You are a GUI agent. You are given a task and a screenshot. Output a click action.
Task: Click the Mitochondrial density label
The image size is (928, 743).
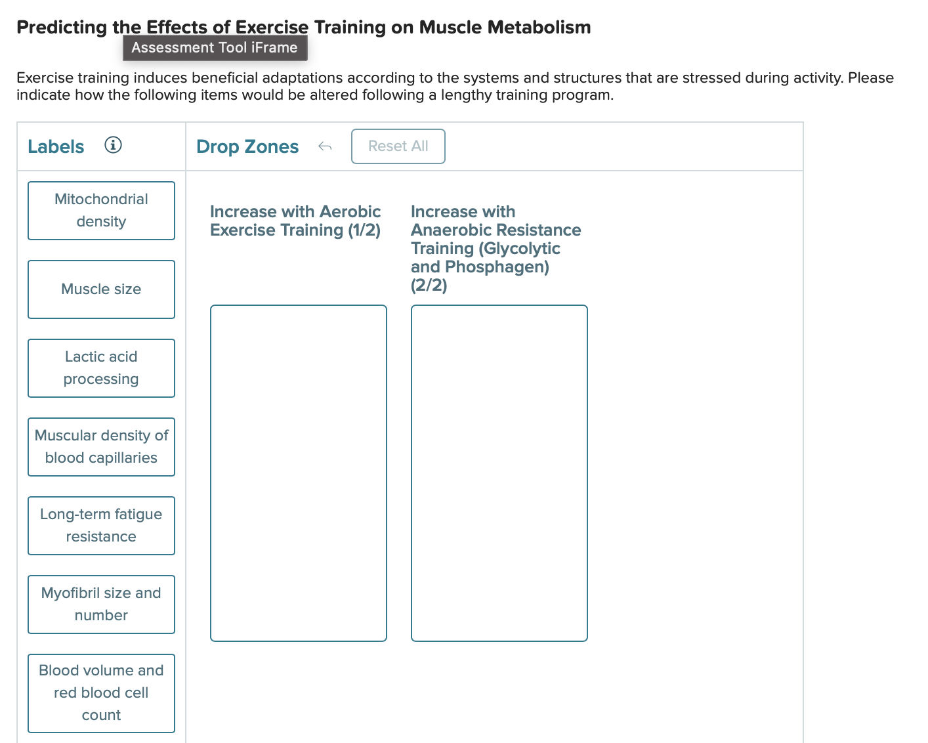(x=101, y=211)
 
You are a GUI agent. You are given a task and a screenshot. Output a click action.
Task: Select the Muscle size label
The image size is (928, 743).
(x=101, y=289)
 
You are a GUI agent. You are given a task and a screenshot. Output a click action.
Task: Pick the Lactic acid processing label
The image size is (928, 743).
(x=101, y=368)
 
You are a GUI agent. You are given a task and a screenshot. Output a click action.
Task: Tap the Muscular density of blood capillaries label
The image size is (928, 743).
(x=101, y=447)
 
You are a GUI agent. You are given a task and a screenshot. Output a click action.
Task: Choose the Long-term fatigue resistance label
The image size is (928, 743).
(x=101, y=526)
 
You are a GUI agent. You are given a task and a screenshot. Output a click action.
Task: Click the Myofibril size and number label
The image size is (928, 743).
(x=101, y=605)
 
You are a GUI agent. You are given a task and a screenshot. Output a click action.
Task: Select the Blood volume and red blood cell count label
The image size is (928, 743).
(x=101, y=693)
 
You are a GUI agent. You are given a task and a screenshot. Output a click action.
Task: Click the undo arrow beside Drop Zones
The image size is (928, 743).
(x=325, y=146)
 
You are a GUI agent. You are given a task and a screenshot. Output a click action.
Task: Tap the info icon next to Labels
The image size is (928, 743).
(x=113, y=145)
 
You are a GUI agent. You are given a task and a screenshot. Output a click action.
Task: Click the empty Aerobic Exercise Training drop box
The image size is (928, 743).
(x=299, y=473)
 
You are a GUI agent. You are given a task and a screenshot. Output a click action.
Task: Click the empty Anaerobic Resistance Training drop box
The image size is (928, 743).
(x=499, y=473)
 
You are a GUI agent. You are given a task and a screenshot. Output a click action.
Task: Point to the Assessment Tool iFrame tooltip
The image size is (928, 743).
(x=215, y=48)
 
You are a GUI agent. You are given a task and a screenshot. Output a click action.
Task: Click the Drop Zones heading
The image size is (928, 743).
(x=247, y=147)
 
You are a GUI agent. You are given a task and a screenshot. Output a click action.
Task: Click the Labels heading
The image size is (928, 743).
(x=56, y=147)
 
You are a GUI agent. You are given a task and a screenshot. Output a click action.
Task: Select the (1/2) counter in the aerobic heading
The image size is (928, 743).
(x=364, y=230)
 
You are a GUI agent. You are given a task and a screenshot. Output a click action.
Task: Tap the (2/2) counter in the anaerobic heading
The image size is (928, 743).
(x=429, y=286)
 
